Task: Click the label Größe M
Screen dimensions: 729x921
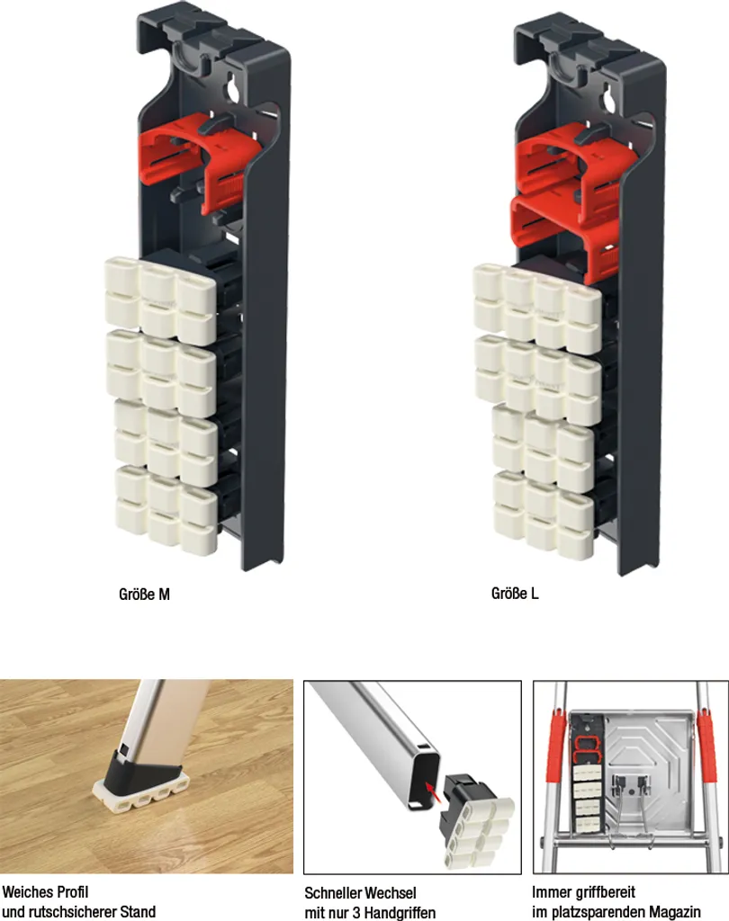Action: click(x=144, y=595)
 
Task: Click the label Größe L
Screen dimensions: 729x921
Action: click(x=515, y=594)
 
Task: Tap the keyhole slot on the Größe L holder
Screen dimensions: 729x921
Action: click(x=609, y=96)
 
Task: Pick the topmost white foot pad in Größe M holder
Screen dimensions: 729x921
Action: click(x=160, y=300)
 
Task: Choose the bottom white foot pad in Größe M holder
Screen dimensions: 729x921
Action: click(x=166, y=510)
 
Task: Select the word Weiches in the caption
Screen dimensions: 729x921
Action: click(x=27, y=892)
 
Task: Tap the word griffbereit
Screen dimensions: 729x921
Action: click(x=607, y=893)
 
